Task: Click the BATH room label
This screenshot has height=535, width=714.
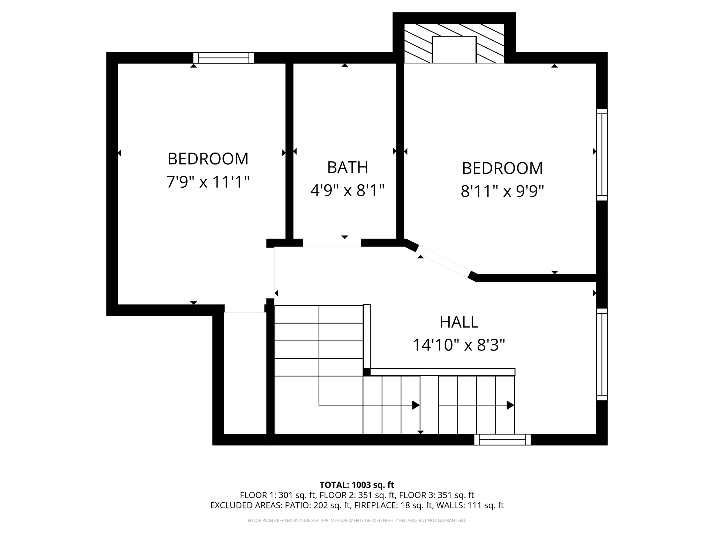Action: coord(347,168)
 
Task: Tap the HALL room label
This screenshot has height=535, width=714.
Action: coord(458,322)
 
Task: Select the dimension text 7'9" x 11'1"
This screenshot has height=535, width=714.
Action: coord(208,182)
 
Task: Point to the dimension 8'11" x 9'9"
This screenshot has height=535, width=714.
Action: coord(502,191)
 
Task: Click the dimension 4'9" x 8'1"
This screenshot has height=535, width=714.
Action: coord(347,191)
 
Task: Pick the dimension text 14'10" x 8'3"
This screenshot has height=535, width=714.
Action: coord(458,345)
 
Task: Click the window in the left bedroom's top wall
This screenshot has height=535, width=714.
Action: coord(223,58)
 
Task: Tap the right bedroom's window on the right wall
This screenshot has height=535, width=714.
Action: coord(602,155)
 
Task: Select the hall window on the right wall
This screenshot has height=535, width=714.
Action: coord(602,354)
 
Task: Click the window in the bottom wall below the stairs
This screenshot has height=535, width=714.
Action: coord(502,440)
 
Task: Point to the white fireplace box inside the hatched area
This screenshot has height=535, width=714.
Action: coord(454,49)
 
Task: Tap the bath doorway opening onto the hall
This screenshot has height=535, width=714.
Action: coord(332,243)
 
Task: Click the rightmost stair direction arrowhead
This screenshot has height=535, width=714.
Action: coord(510,405)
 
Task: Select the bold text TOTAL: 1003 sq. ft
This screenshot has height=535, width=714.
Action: coord(357,485)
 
